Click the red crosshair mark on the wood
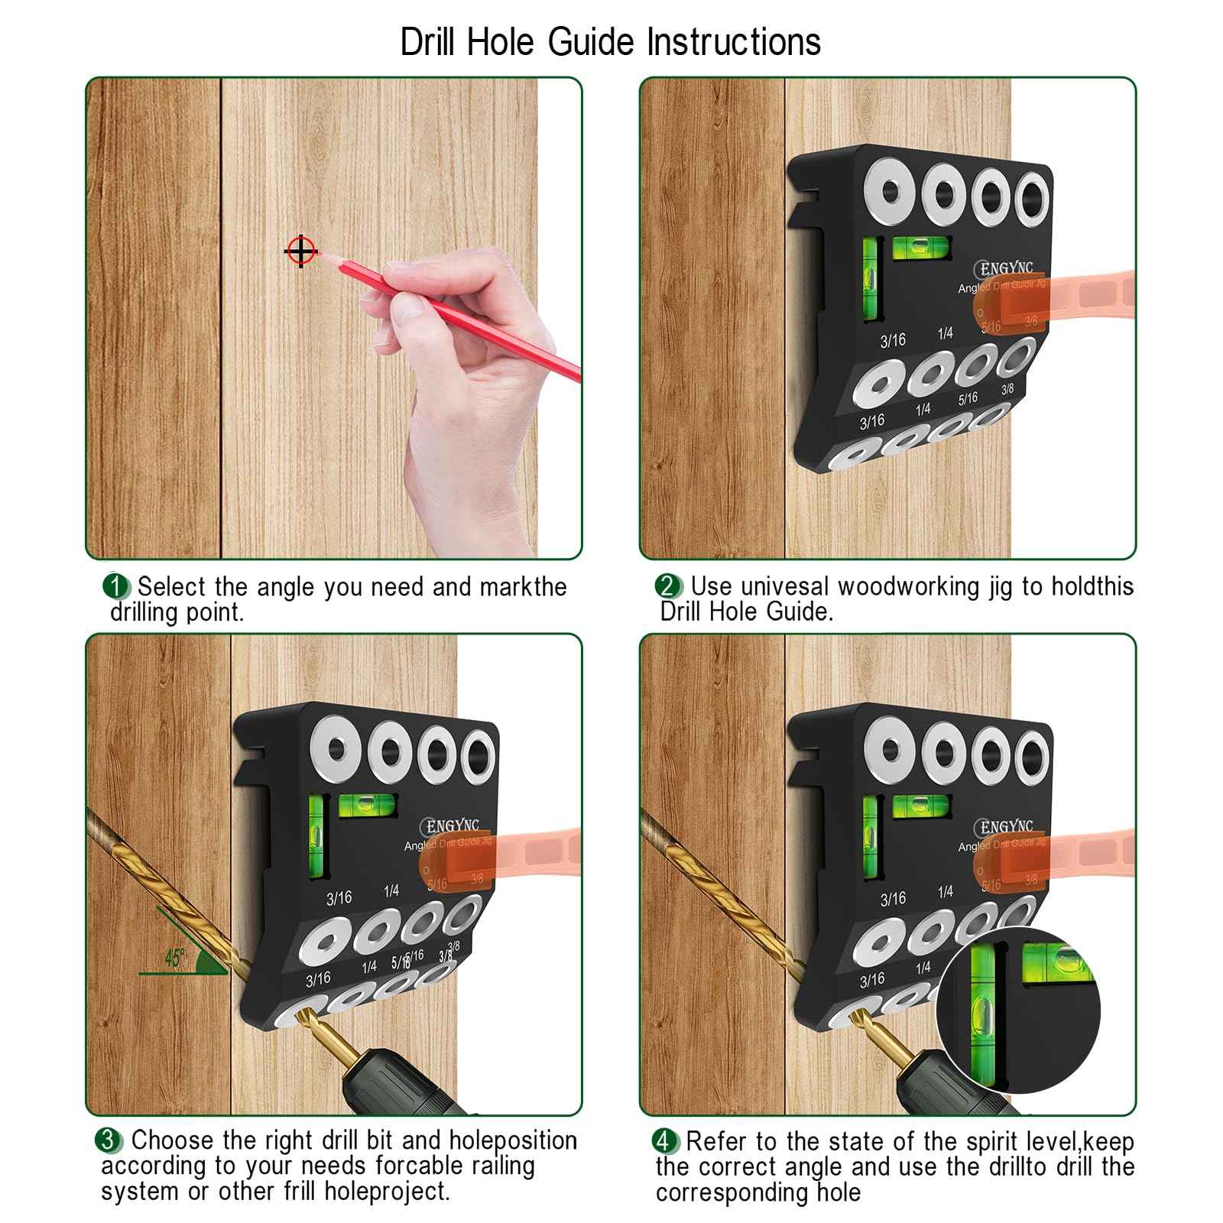301,251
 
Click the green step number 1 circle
115,587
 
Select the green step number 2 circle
668,587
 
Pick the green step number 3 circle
108,1140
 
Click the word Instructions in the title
734,42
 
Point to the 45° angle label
175,958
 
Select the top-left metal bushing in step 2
890,193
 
